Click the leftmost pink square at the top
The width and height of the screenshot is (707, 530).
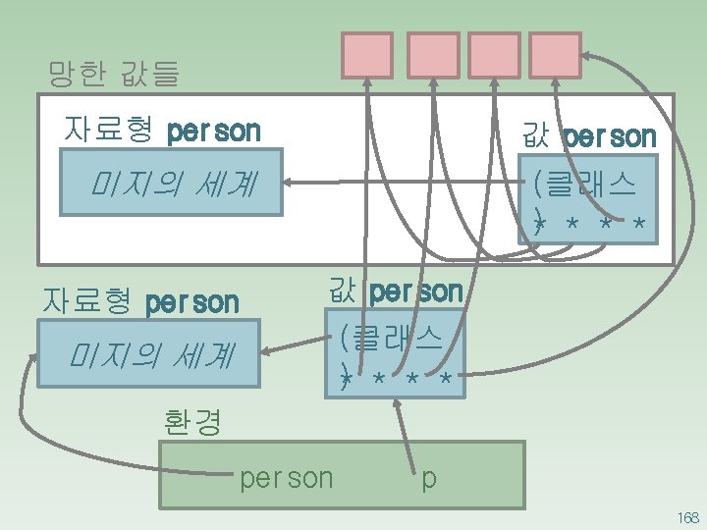(367, 55)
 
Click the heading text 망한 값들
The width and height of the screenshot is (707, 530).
(114, 73)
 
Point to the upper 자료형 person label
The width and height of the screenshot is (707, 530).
(162, 131)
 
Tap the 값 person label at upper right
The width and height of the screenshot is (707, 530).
(589, 136)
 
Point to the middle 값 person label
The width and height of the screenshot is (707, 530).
(396, 291)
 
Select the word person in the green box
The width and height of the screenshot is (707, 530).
(287, 478)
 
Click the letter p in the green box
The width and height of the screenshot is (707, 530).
(429, 479)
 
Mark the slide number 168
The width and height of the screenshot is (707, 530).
(686, 517)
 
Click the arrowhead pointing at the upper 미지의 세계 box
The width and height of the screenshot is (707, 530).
(291, 183)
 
